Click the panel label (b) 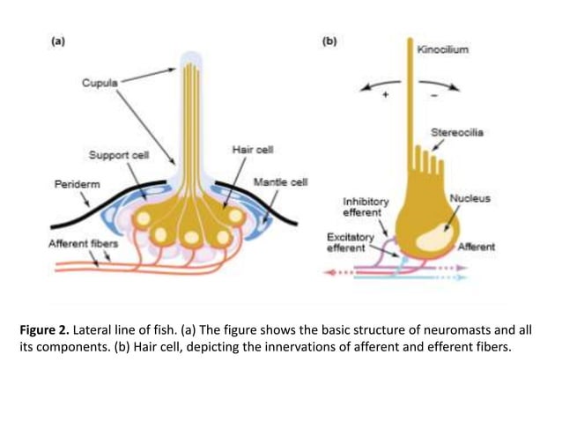point(329,41)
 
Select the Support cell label point(119,155)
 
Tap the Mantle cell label point(280,182)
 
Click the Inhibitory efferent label point(365,207)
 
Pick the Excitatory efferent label point(351,243)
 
